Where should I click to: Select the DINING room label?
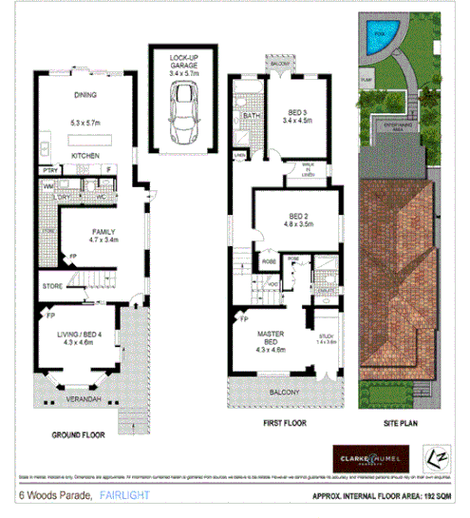(x=85, y=95)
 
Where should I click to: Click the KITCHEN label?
(x=85, y=153)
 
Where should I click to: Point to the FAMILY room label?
(x=103, y=231)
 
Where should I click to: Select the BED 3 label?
(x=296, y=111)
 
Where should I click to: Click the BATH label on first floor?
(x=251, y=117)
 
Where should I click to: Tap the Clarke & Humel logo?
(x=371, y=454)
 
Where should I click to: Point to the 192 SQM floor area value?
(x=435, y=496)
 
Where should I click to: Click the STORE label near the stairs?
(x=51, y=284)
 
